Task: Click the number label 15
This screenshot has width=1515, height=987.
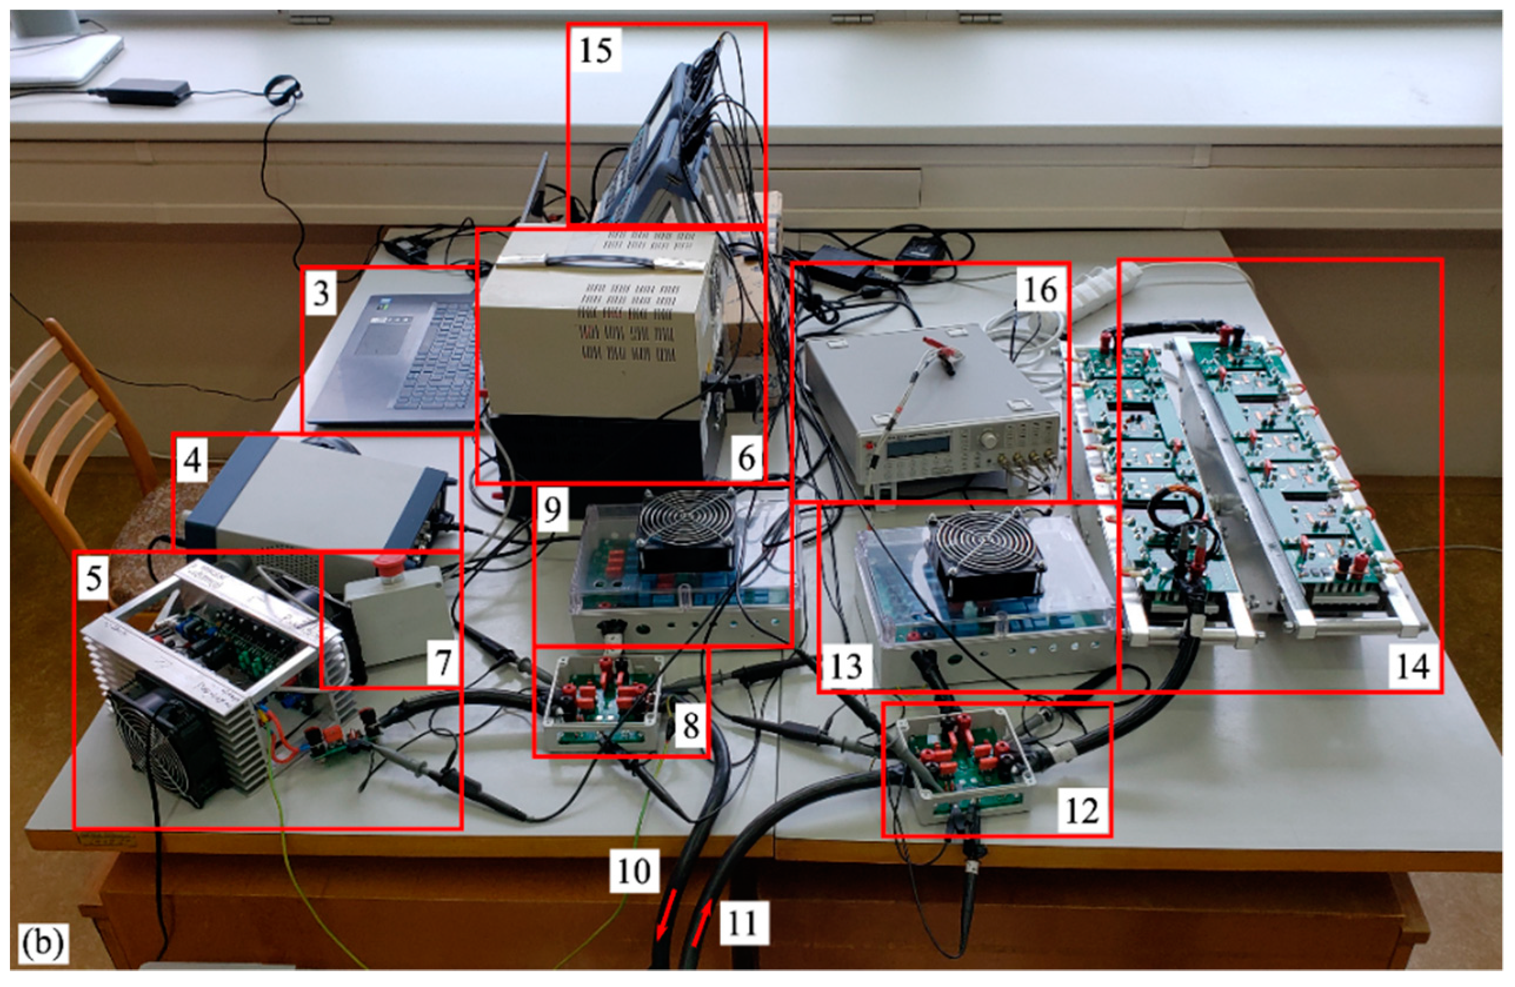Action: pos(596,49)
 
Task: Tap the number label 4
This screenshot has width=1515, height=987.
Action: pos(192,459)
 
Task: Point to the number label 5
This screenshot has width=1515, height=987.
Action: pos(94,577)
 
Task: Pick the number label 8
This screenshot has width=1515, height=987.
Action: pos(691,726)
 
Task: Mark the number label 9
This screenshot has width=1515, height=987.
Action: pos(552,510)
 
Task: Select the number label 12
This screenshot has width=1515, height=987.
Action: pos(1081,810)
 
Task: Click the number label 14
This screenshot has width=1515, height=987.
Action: pos(1413,667)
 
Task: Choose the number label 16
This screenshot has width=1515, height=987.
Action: pos(1040,290)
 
